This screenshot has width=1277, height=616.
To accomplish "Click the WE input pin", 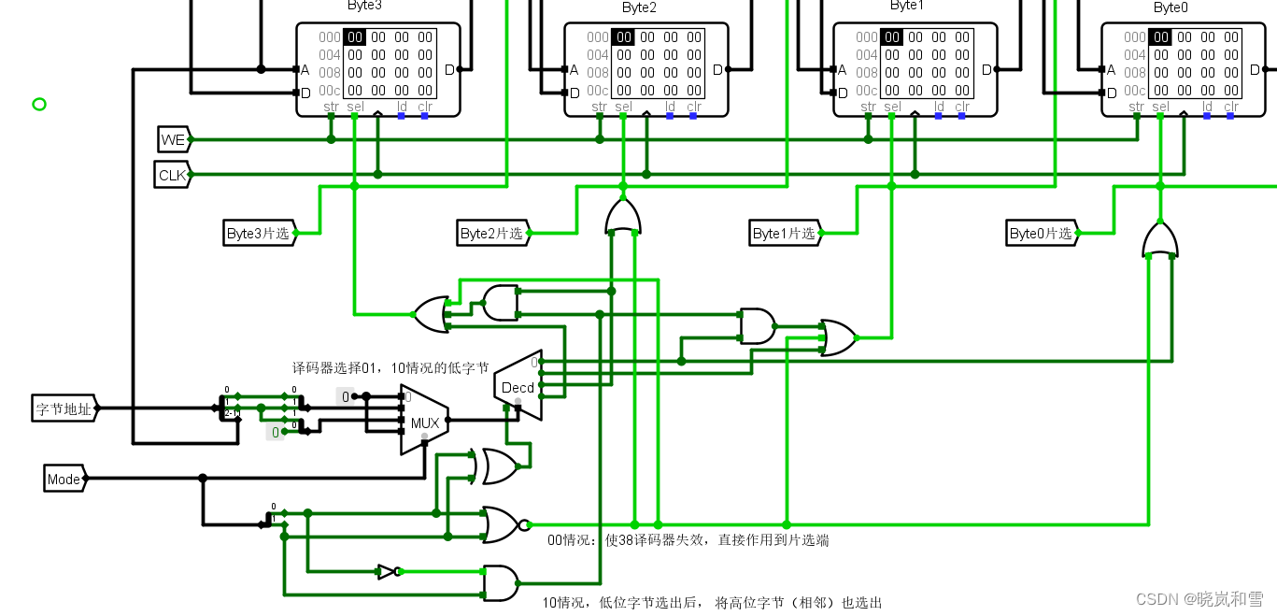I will tap(174, 140).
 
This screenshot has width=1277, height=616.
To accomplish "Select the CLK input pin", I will tap(173, 175).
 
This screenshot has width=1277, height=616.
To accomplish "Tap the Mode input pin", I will tap(64, 480).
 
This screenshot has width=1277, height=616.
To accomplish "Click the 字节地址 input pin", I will tap(64, 408).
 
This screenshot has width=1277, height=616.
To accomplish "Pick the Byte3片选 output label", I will tap(259, 233).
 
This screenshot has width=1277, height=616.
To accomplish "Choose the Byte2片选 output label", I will tap(492, 233).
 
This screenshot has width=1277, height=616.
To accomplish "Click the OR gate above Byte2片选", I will tap(623, 217).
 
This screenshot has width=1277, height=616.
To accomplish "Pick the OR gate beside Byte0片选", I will tap(1159, 240).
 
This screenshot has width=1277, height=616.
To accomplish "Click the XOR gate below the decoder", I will tap(499, 466).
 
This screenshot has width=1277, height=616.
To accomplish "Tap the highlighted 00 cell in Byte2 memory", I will tap(623, 37).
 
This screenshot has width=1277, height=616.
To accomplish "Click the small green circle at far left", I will tap(39, 104).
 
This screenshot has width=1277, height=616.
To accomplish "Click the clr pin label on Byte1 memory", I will tap(962, 107).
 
